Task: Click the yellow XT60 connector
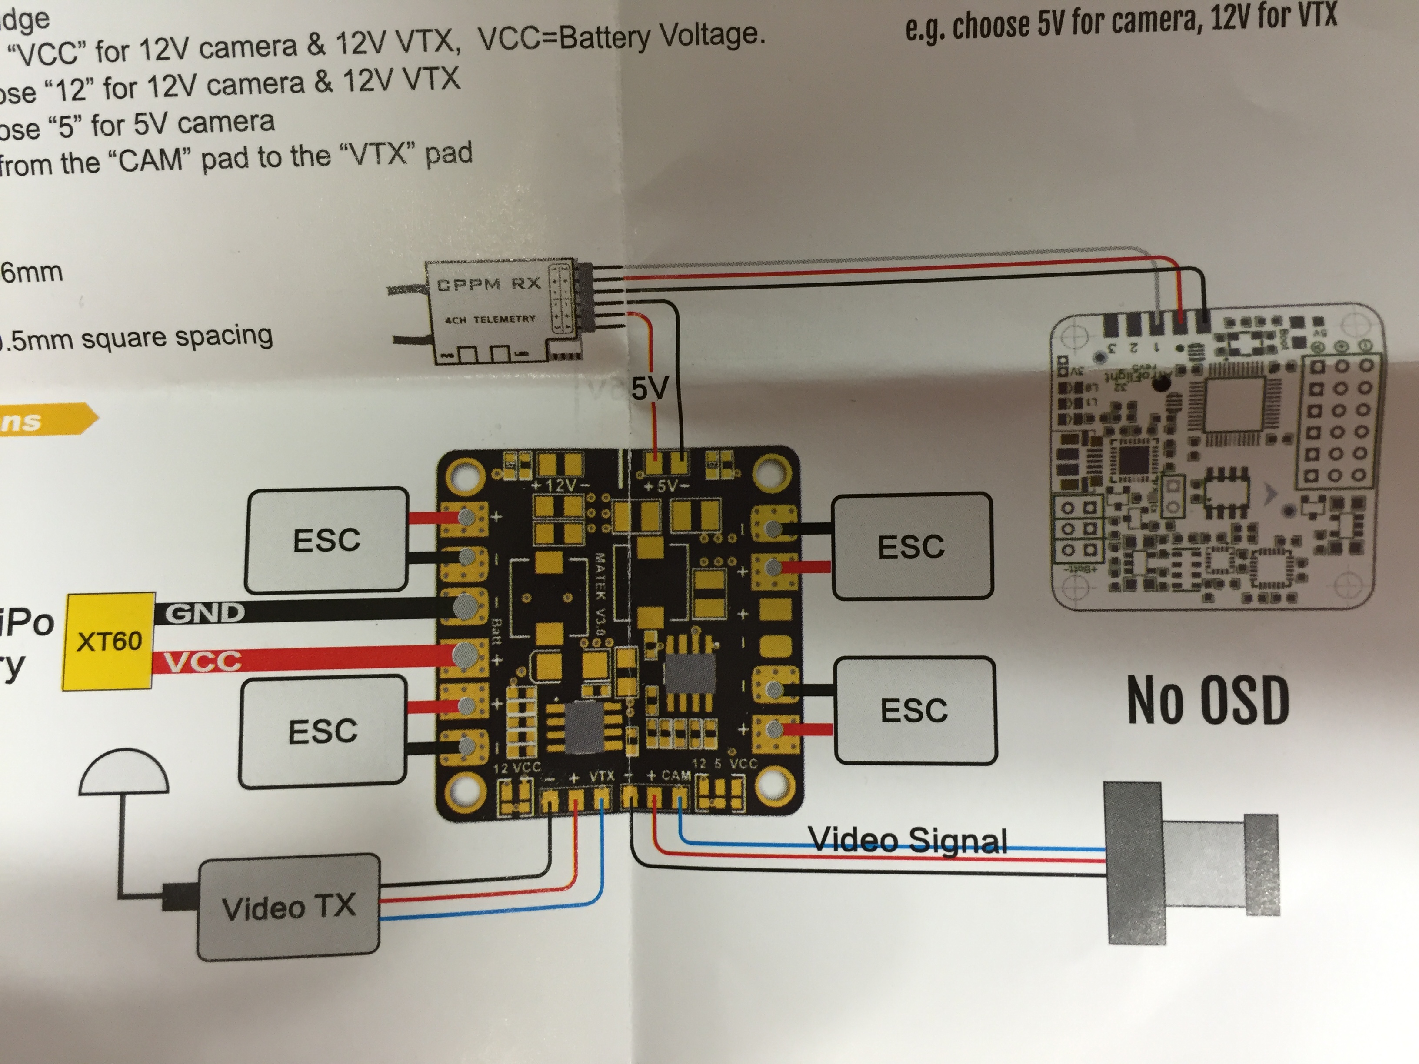(x=108, y=641)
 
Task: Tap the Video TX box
(x=289, y=906)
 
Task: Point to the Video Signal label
(x=908, y=840)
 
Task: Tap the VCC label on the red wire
(x=203, y=661)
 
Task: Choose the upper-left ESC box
(x=327, y=539)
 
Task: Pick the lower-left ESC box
(x=323, y=731)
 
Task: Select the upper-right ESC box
(x=911, y=546)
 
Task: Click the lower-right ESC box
(x=914, y=710)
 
